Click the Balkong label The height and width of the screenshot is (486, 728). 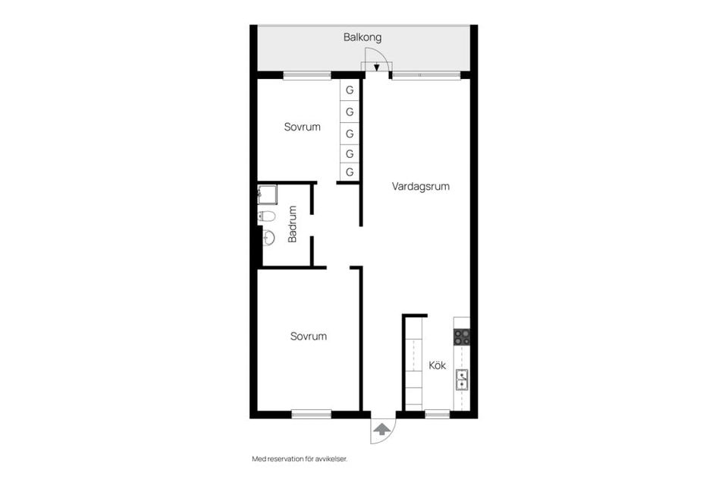pos(362,36)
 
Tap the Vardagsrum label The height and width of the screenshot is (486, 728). pos(420,186)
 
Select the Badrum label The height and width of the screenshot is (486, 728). pos(293,226)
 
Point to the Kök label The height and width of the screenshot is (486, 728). pos(438,365)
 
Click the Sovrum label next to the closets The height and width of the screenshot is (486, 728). pos(302,127)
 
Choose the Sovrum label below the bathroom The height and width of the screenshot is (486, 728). pos(308,336)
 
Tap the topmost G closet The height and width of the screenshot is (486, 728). pos(350,90)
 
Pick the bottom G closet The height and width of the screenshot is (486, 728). pos(350,172)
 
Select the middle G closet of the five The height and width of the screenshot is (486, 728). pos(350,133)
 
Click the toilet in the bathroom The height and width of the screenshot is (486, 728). pos(266,216)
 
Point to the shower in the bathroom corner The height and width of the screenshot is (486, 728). pos(267,195)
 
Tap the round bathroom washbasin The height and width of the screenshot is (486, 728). pos(267,238)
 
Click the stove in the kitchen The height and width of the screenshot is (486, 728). pos(461,336)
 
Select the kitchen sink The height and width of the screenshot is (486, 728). pos(461,379)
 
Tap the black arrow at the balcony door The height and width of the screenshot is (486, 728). pos(376,67)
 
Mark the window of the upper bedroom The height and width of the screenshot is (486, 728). pos(307,75)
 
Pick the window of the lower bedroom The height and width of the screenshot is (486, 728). pos(312,414)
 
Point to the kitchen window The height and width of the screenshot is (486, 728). pos(437,414)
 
